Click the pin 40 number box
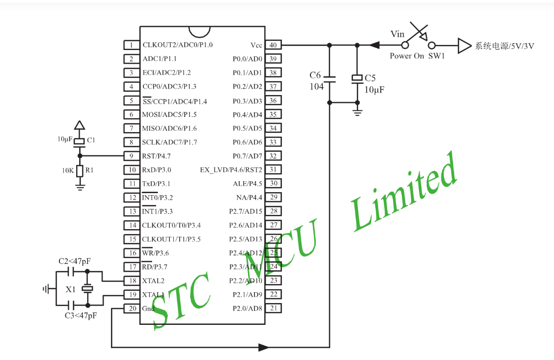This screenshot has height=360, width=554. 273,45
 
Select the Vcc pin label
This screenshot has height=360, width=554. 256,45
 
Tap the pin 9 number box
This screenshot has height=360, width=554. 131,156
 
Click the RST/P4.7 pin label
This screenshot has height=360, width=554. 156,156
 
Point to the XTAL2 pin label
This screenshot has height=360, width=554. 153,281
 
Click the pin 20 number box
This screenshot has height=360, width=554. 131,309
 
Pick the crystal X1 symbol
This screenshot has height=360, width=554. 87,289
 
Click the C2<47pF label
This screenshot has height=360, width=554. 75,261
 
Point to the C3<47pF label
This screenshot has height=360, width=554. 81,315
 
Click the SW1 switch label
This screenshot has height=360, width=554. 437,56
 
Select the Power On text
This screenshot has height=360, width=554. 406,56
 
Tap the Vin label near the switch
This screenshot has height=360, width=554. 398,34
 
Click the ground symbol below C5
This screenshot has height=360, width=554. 357,111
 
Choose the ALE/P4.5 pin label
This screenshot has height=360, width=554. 248,184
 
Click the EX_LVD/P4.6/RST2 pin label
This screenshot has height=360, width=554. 231,170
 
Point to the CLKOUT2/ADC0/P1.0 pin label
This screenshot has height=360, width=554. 178,45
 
